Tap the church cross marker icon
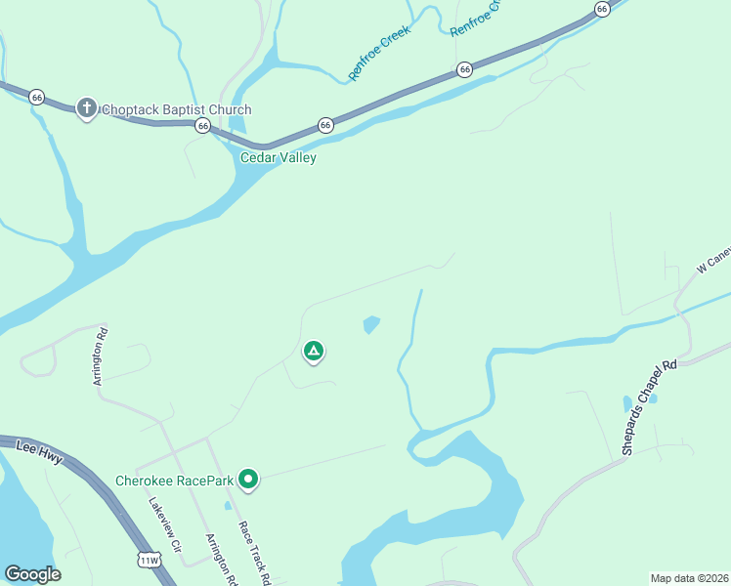86,108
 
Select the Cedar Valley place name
279,157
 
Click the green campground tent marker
313,351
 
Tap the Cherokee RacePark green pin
248,479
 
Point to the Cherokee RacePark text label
175,481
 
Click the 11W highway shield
149,560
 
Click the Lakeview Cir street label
165,526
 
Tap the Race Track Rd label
253,553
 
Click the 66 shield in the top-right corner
601,9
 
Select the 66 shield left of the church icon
37,97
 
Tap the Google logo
32,574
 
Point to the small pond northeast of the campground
371,324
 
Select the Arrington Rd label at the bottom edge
222,560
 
